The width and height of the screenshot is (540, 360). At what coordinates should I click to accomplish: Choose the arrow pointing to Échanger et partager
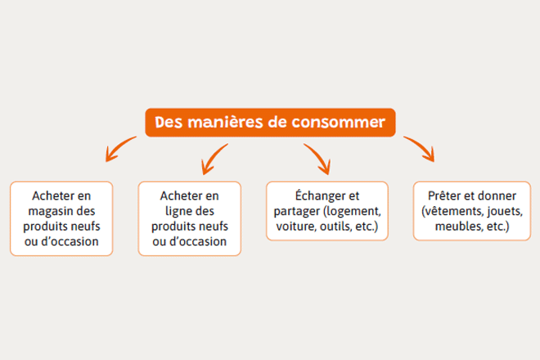(x=318, y=158)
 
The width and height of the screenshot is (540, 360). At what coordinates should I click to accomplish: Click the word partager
(x=297, y=211)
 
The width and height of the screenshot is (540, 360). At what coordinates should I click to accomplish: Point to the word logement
(x=353, y=211)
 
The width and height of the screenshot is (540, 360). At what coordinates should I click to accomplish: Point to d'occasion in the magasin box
(x=70, y=241)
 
